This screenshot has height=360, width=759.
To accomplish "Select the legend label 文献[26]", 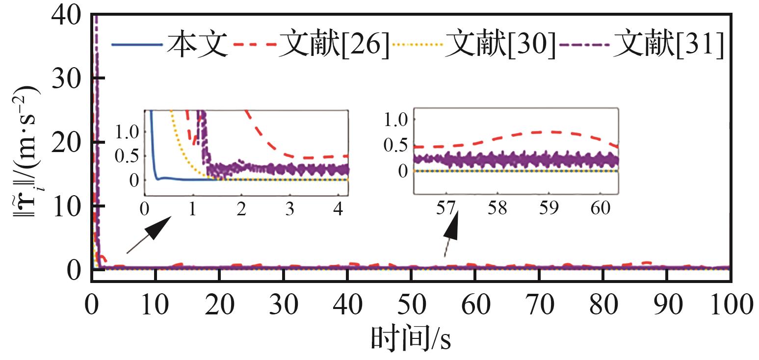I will [334, 46].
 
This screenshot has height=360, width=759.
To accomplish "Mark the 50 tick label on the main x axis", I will [411, 305].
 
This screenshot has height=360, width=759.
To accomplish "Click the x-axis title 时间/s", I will [411, 338].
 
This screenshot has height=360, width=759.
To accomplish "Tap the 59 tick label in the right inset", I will [549, 208].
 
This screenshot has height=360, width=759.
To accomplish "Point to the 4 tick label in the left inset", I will [338, 208].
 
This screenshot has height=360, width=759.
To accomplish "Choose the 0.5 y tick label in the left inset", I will [128, 156].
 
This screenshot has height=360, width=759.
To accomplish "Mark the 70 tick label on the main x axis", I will [539, 305].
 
